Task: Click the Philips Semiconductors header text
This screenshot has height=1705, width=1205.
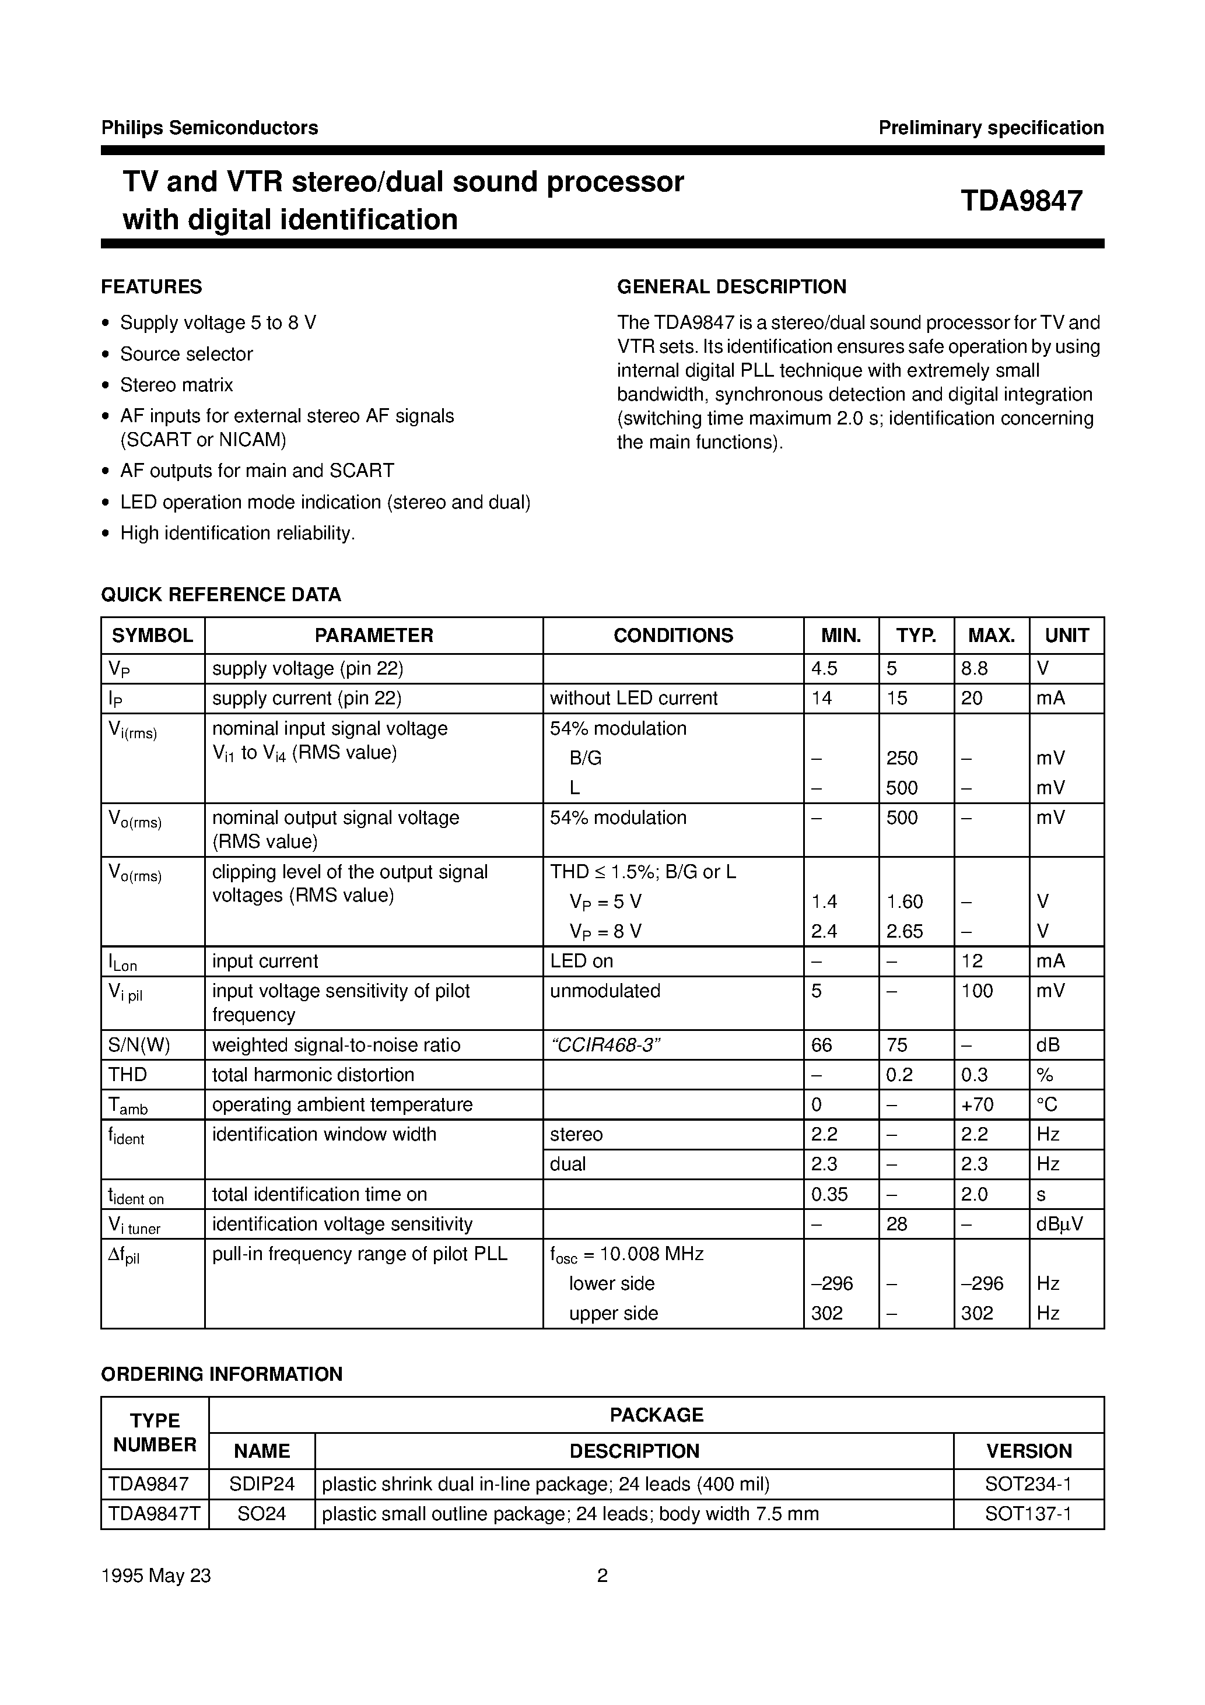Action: point(209,128)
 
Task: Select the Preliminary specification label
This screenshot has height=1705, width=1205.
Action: point(990,128)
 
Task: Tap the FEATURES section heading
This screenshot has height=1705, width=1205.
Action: point(152,287)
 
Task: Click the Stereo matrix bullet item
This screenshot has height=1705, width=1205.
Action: point(177,385)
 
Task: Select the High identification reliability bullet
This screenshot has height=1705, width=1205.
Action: point(238,533)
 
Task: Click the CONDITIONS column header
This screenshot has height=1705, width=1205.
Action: point(672,636)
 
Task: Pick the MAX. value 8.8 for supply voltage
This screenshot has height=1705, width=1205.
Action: point(974,668)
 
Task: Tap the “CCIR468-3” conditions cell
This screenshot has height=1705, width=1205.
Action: point(605,1045)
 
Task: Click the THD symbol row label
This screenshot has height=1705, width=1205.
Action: point(128,1075)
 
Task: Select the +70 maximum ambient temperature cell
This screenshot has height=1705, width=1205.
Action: point(977,1105)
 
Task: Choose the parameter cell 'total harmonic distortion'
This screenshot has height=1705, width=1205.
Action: point(313,1075)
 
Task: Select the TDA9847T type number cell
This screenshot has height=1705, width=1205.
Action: point(155,1514)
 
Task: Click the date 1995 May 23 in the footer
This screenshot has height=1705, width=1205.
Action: point(156,1576)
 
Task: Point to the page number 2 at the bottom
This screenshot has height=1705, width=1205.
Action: point(602,1576)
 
